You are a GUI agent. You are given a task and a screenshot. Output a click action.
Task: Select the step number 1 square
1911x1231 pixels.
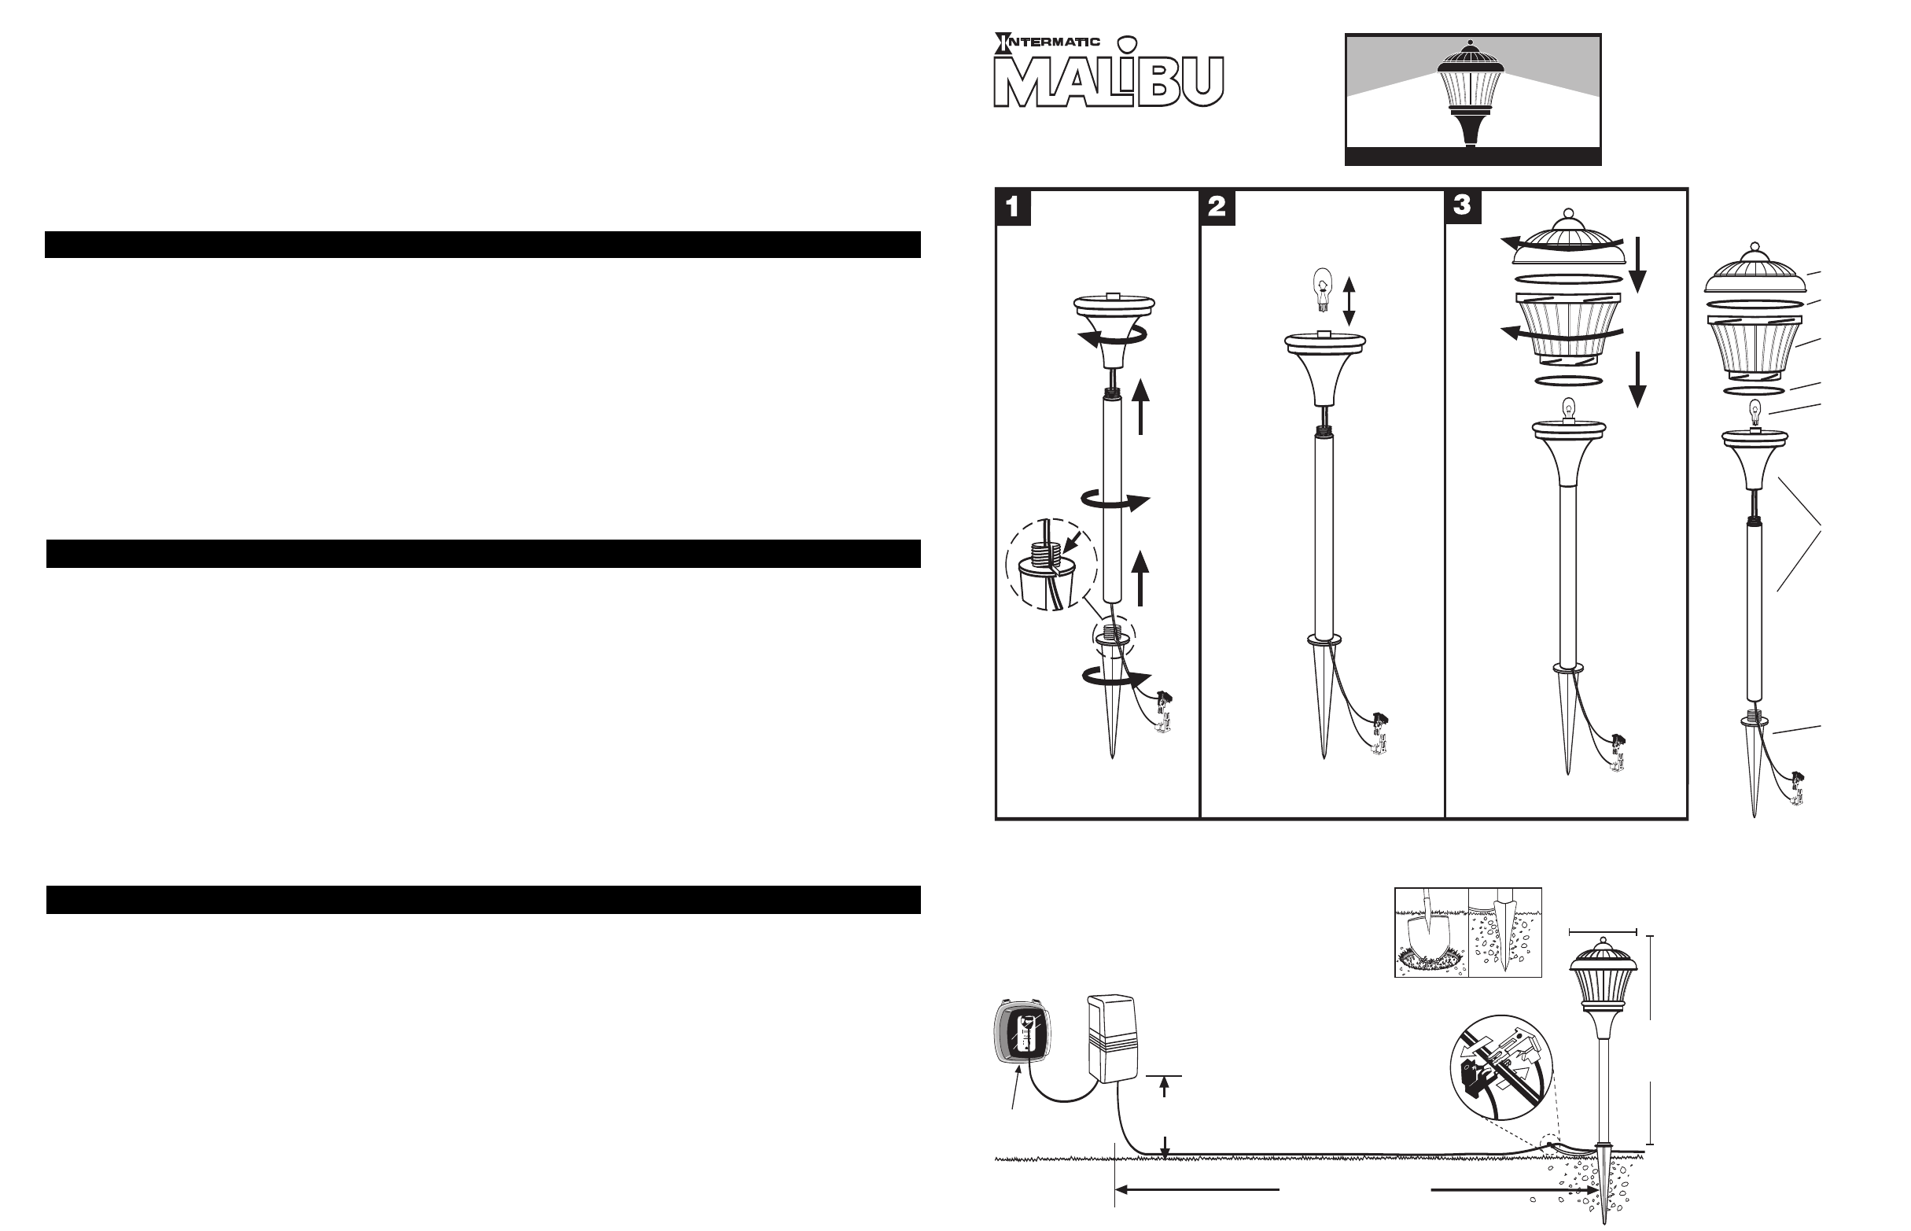pyautogui.click(x=1013, y=207)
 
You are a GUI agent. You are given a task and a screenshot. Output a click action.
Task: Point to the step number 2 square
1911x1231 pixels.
pyautogui.click(x=1217, y=207)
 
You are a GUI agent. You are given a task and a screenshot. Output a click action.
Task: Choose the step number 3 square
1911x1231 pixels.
pyautogui.click(x=1463, y=206)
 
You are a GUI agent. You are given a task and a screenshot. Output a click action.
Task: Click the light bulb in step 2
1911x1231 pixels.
pyautogui.click(x=1324, y=290)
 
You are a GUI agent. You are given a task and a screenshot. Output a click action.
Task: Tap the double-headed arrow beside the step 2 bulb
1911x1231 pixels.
pyautogui.click(x=1349, y=301)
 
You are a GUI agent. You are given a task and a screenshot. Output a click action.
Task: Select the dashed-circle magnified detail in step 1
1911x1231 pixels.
pyautogui.click(x=1044, y=565)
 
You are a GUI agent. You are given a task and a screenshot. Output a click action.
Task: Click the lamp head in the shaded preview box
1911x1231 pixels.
pyautogui.click(x=1471, y=92)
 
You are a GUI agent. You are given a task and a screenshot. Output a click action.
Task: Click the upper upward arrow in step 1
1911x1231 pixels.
pyautogui.click(x=1140, y=407)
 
